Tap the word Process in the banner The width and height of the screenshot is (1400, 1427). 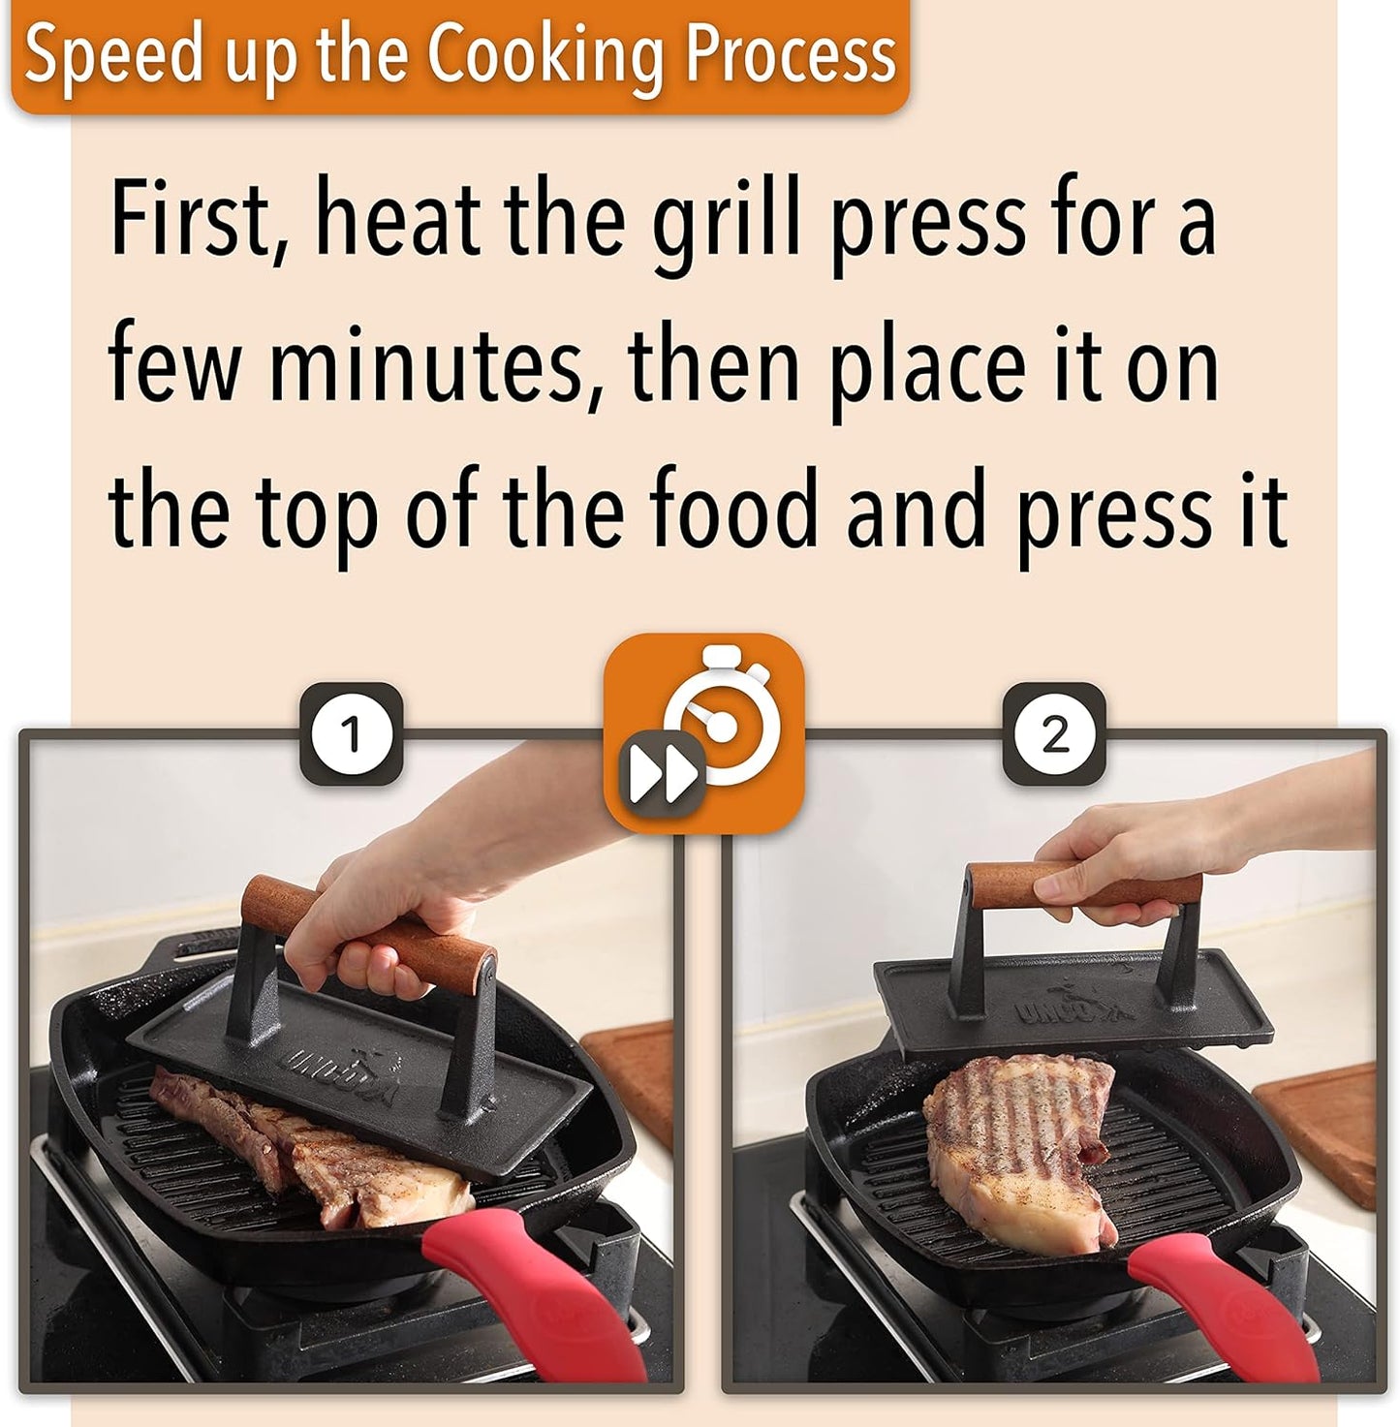(x=791, y=54)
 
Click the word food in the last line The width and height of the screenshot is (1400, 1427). (x=733, y=510)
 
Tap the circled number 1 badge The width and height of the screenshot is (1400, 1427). (x=351, y=733)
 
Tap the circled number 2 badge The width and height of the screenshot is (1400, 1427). (x=1053, y=733)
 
